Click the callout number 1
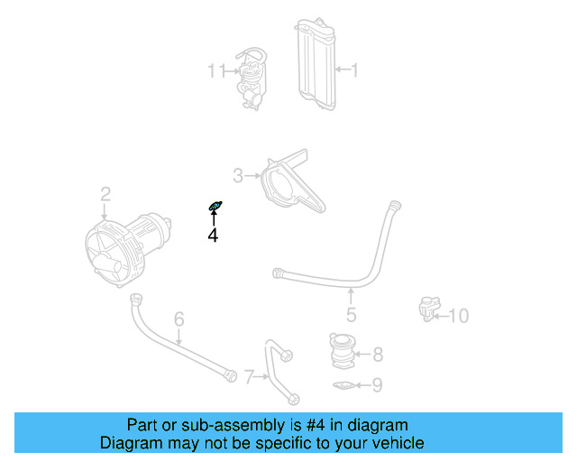pos(354,69)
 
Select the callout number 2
pos(105,194)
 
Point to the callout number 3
pos(238,175)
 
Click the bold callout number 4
pos(213,236)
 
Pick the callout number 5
pos(352,315)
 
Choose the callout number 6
pos(179,319)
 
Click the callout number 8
pos(378,354)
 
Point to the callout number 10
pos(459,316)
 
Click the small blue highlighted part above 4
pos(215,208)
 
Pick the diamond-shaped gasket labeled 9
pos(343,387)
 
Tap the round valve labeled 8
pos(343,352)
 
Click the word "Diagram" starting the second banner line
pos(128,443)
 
